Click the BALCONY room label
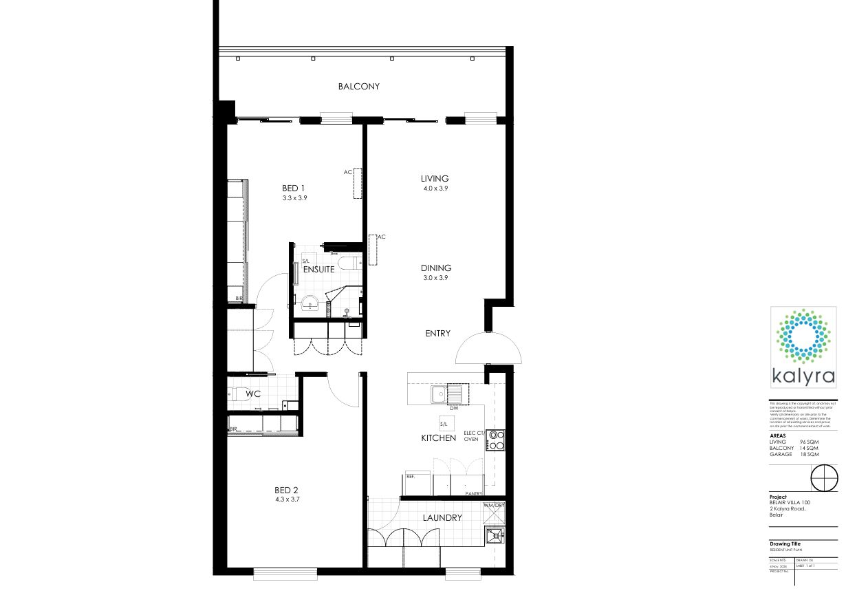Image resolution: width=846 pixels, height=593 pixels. tap(358, 87)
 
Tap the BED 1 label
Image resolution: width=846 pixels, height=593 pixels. tap(294, 188)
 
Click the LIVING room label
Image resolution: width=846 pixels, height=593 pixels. tap(435, 179)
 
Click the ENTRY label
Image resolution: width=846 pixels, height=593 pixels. tap(437, 334)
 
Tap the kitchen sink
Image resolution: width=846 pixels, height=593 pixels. tap(438, 394)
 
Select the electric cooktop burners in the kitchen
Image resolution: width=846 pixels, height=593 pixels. tap(495, 440)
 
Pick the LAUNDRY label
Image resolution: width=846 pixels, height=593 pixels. tap(442, 518)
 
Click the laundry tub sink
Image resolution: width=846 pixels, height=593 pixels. tap(495, 536)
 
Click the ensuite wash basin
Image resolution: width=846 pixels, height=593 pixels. tap(311, 302)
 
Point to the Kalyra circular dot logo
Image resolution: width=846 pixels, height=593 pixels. tap(802, 335)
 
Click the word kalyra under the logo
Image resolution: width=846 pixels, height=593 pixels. tap(803, 376)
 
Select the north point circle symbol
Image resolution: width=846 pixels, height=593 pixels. tap(825, 477)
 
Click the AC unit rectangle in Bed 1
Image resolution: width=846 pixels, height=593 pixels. tap(358, 184)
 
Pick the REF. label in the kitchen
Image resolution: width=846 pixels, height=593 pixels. tap(410, 476)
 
